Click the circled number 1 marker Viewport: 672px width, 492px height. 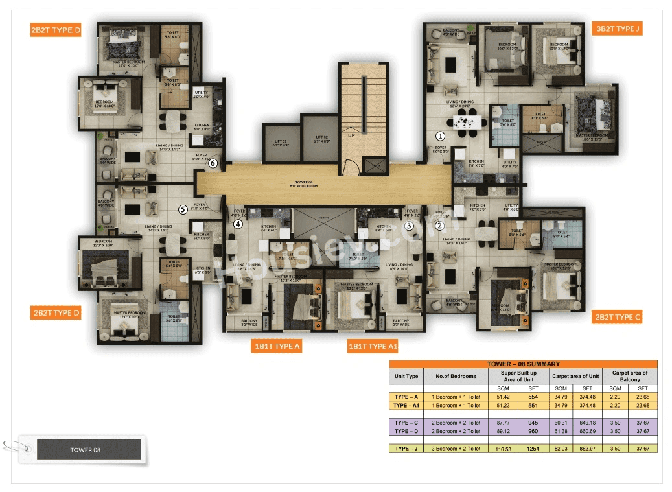coord(440,136)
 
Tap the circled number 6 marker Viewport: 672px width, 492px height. coord(213,163)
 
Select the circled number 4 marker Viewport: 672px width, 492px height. coord(238,224)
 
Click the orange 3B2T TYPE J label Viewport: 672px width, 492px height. coord(619,29)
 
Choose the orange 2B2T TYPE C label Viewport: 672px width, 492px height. coord(618,317)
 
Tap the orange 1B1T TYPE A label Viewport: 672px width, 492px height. coord(277,346)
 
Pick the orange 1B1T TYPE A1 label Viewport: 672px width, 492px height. coord(373,346)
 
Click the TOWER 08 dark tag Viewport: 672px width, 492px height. coord(89,449)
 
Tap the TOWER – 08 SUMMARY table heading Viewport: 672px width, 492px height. coord(523,364)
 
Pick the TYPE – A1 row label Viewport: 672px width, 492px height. coord(406,405)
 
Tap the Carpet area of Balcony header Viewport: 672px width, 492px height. coord(629,376)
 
